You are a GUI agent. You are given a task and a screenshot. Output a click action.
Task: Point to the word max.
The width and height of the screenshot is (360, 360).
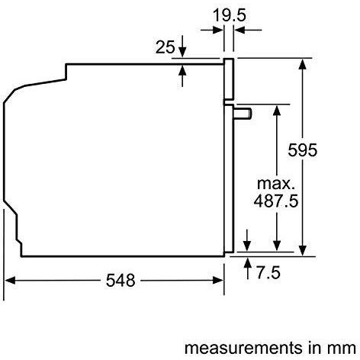pyautogui.click(x=275, y=184)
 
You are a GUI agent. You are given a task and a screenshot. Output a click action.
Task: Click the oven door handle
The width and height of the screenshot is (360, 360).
pyautogui.click(x=243, y=112)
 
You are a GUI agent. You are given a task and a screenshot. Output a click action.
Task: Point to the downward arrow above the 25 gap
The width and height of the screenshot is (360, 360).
pyautogui.click(x=183, y=52)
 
